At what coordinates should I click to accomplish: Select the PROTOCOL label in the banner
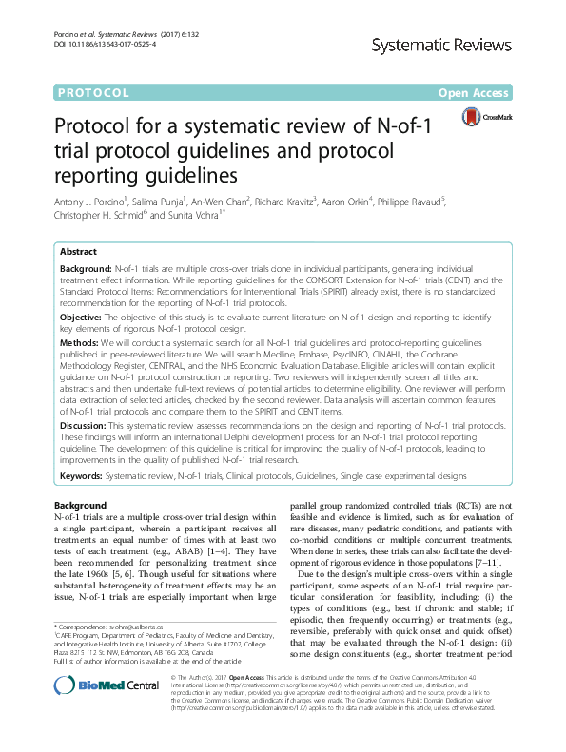[93, 93]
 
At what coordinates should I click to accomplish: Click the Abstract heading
[78, 252]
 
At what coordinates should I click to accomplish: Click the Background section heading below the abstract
[81, 504]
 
